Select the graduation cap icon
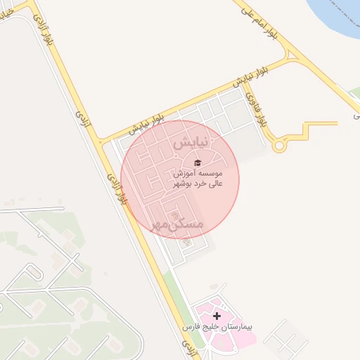(197, 162)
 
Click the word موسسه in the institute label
(210, 173)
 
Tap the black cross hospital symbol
(217, 316)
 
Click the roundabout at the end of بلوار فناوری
(279, 146)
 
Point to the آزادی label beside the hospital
(188, 345)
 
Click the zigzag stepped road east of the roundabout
(309, 129)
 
